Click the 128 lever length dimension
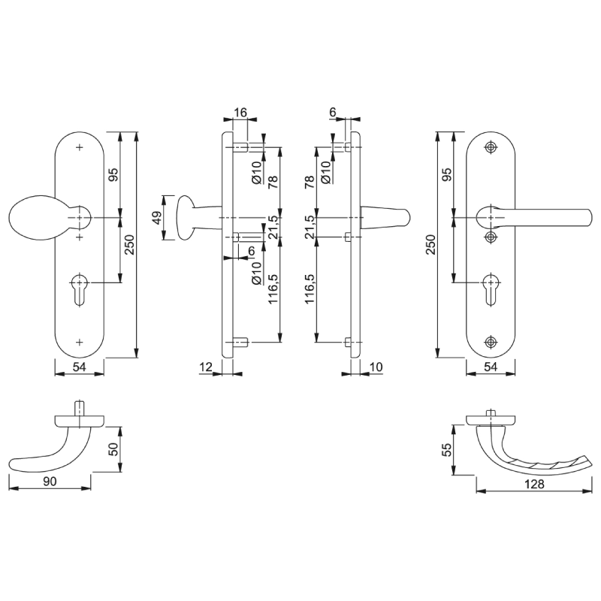tap(534, 484)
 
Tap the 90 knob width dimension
tap(50, 481)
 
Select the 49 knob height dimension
tap(157, 218)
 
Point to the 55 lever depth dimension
tap(447, 449)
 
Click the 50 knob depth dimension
tap(114, 448)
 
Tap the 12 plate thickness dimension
tap(206, 367)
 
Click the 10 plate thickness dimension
tap(376, 367)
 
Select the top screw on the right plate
tap(491, 147)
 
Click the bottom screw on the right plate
tap(491, 342)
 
